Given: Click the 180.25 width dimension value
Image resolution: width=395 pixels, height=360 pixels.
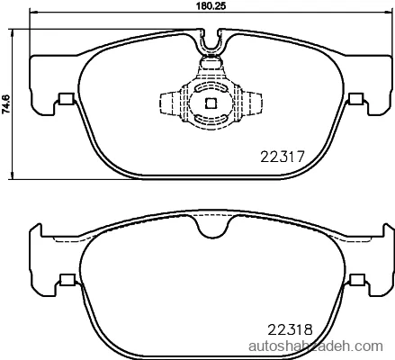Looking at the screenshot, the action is [x=211, y=6].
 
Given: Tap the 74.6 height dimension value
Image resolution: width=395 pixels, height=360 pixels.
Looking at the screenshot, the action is [x=6, y=103].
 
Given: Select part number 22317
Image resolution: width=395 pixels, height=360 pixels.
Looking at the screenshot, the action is [x=283, y=157].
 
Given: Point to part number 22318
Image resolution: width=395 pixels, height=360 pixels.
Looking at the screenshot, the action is [x=290, y=330].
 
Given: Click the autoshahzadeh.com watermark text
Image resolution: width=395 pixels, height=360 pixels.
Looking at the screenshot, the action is [x=316, y=346].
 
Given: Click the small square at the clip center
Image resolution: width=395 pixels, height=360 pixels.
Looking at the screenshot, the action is [x=211, y=103].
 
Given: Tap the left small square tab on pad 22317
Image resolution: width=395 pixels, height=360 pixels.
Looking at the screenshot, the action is [x=67, y=99].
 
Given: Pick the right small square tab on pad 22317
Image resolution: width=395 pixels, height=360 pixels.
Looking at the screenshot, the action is [x=356, y=99].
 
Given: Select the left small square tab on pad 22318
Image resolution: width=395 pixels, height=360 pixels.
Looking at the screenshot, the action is [x=67, y=279].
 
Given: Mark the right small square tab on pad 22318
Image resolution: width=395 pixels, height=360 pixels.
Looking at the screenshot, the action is [x=357, y=279].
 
